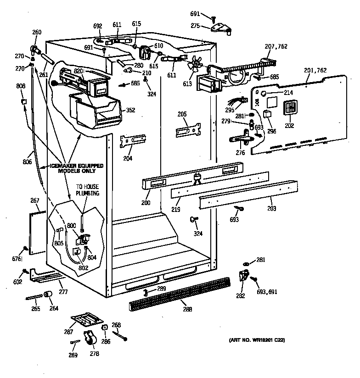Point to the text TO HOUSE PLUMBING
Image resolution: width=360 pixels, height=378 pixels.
(x=87, y=190)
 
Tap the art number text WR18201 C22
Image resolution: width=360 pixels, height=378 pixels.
(x=257, y=340)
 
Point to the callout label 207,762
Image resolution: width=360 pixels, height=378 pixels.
(x=276, y=46)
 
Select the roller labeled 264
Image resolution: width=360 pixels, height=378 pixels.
(x=47, y=295)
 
